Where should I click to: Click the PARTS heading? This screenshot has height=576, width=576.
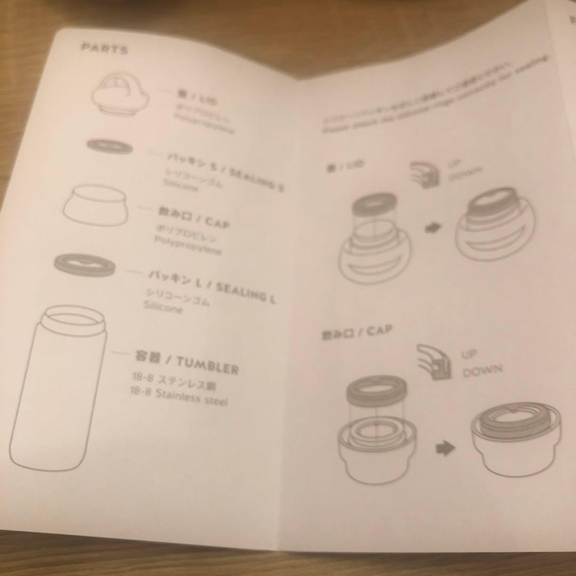[105, 48]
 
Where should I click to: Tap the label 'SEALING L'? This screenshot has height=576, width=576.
[246, 292]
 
